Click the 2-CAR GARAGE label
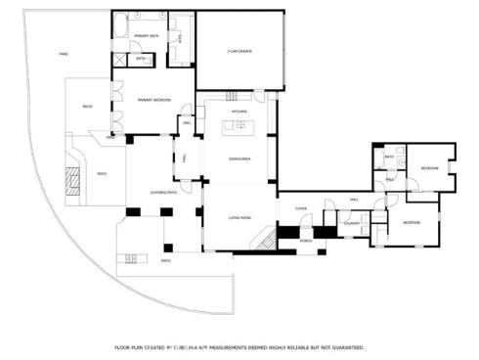(239, 51)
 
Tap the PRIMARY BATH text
(146, 36)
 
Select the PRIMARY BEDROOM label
(153, 100)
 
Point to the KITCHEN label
(239, 112)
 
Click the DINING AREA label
(240, 157)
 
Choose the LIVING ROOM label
(240, 217)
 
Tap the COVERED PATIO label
(163, 193)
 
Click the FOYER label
(300, 208)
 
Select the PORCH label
(305, 240)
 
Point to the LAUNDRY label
(351, 223)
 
